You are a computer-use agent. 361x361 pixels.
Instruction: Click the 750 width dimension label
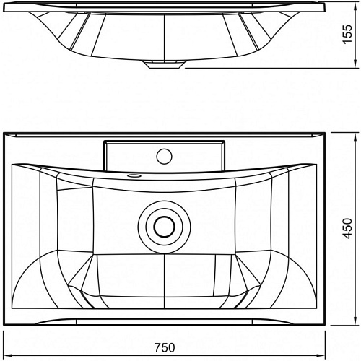(165, 348)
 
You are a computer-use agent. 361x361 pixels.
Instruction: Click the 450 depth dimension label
(347, 228)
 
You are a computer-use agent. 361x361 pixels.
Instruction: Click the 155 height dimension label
(347, 34)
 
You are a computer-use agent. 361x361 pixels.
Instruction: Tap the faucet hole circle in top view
(164, 156)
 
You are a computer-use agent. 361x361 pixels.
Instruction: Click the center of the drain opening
(164, 227)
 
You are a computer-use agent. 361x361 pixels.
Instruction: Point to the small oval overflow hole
(134, 175)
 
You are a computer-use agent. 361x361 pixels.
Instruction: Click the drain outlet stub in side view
(165, 64)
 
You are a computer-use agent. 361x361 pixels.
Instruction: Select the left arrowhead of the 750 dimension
(8, 355)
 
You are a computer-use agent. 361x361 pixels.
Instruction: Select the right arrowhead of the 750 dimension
(321, 355)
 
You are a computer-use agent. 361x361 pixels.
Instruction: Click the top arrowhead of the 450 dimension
(355, 136)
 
